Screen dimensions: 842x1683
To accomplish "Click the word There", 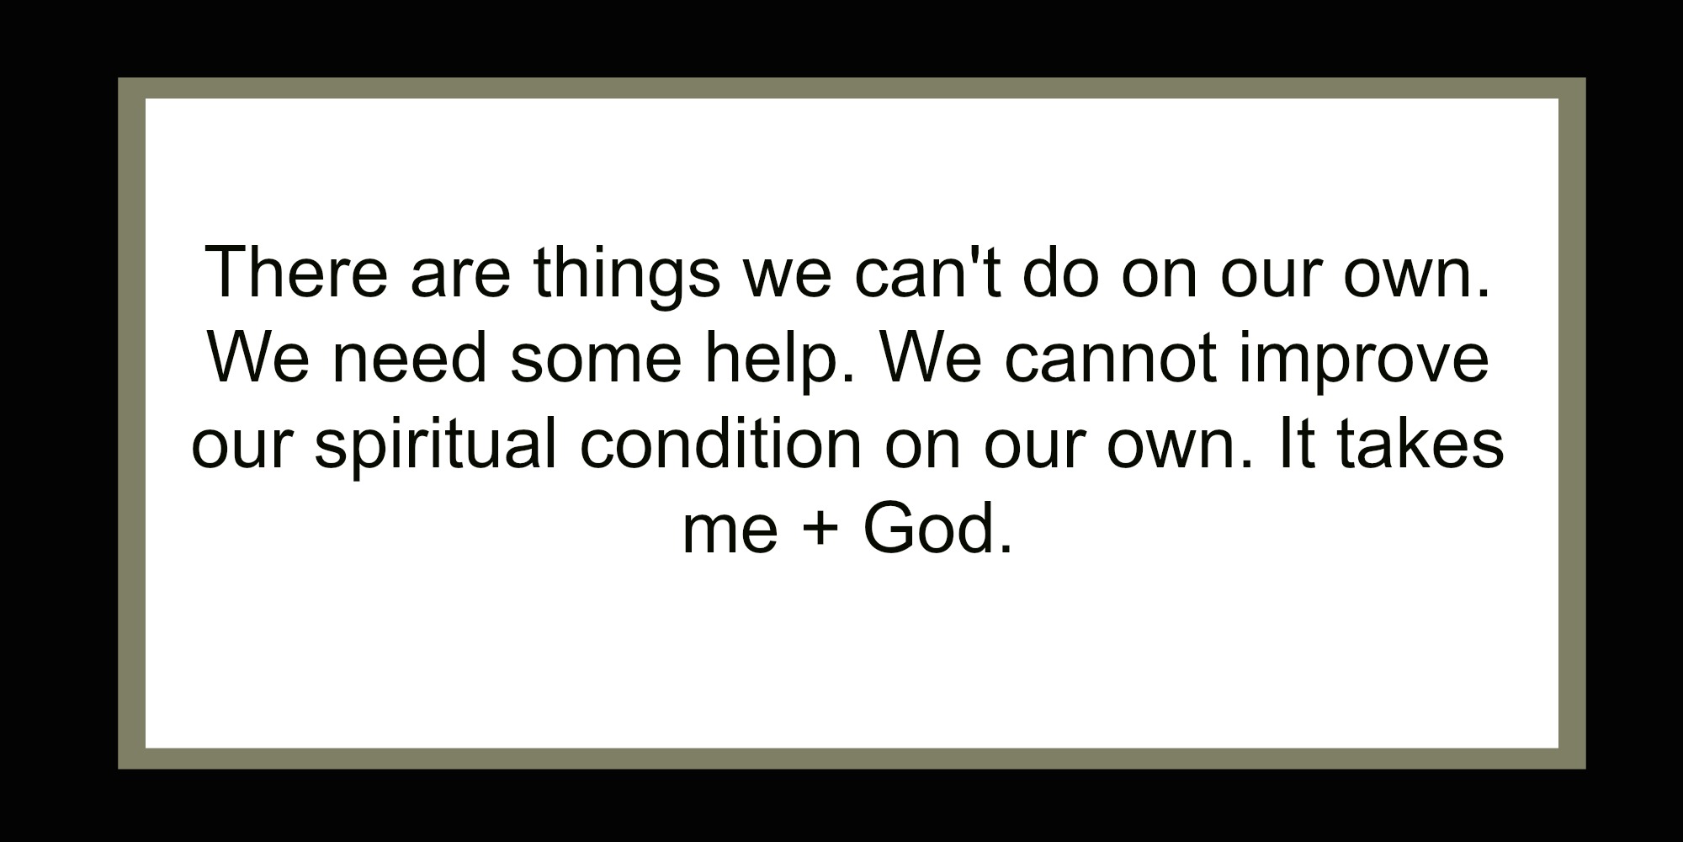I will pyautogui.click(x=295, y=273).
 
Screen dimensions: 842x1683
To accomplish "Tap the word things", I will pyautogui.click(x=626, y=274).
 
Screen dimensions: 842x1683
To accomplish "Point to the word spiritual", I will pyautogui.click(x=435, y=445).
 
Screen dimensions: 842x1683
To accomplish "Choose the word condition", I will pyautogui.click(x=721, y=443).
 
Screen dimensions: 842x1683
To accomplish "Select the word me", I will pyautogui.click(x=730, y=531).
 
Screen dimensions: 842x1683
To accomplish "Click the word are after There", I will pyautogui.click(x=460, y=274).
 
